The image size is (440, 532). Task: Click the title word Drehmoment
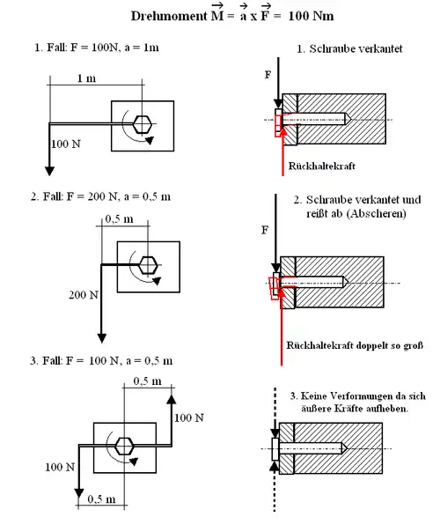(169, 16)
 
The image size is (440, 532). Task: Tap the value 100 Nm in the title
(311, 16)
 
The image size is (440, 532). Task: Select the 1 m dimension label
(86, 78)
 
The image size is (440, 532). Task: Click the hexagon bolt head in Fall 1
(142, 124)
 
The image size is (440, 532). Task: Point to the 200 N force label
(84, 295)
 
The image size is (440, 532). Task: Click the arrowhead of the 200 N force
(102, 338)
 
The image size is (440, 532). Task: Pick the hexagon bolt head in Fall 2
(148, 265)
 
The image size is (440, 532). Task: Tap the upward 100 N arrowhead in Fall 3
(172, 398)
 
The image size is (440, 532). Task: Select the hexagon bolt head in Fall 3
(124, 446)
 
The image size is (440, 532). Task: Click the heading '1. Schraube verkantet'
(349, 48)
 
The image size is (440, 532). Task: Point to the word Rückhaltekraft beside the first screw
(322, 166)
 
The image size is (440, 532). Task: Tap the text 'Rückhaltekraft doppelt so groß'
(355, 345)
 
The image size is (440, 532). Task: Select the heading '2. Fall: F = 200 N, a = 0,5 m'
(100, 196)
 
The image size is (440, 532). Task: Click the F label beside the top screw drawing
(268, 75)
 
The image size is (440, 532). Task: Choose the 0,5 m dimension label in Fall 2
(119, 219)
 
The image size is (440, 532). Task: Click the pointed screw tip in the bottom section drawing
(345, 448)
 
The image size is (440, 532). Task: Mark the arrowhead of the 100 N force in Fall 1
(49, 172)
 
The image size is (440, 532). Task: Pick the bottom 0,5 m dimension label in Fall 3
(101, 499)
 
